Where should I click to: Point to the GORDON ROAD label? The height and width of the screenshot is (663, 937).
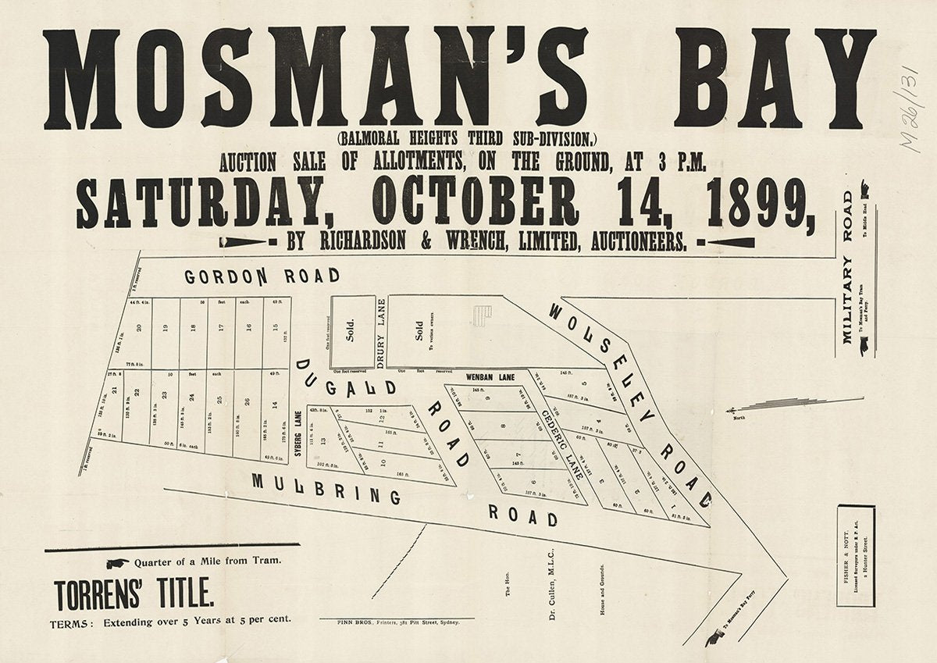(262, 276)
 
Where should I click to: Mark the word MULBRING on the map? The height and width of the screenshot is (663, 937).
(326, 489)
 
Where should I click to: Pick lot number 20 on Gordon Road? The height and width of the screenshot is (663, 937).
(139, 330)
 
